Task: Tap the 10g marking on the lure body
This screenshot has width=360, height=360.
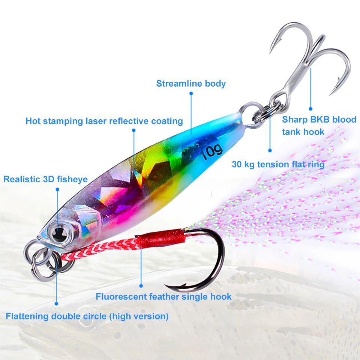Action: pyautogui.click(x=212, y=152)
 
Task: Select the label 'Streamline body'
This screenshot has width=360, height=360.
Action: pyautogui.click(x=191, y=83)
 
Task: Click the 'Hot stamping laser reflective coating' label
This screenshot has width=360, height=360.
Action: pyautogui.click(x=104, y=121)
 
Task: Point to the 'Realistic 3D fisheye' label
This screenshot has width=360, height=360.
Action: pyautogui.click(x=46, y=179)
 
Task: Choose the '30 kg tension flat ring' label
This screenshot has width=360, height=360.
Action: pyautogui.click(x=278, y=164)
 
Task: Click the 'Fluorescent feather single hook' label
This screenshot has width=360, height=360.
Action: pyautogui.click(x=163, y=297)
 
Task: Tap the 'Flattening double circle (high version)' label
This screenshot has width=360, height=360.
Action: pyautogui.click(x=87, y=316)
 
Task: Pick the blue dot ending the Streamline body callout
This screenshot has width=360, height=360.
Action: pyautogui.click(x=191, y=93)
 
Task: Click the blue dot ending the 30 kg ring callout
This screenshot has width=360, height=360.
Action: pyautogui.click(x=270, y=150)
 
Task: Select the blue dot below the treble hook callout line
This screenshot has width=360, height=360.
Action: pyautogui.click(x=310, y=109)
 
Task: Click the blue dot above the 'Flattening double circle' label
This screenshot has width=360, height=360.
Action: pyautogui.click(x=56, y=303)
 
